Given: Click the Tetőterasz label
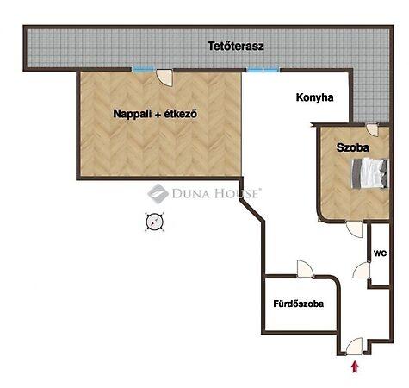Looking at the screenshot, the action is [236, 47].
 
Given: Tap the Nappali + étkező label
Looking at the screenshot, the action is [155, 114].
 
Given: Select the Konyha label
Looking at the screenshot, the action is [314, 97].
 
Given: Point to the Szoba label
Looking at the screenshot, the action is [353, 147].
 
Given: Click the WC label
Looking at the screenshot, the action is [380, 253].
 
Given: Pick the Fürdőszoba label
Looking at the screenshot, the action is [299, 304].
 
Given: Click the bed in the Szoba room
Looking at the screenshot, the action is [370, 173].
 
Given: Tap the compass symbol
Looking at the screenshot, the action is [155, 222].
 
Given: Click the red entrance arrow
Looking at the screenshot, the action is [356, 367].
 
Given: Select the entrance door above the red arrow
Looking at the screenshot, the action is [355, 347].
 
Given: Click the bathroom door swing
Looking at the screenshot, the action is [305, 269].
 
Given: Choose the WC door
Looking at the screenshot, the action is [361, 270].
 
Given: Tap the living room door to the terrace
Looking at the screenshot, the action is [164, 78].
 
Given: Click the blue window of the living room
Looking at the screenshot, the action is [144, 69].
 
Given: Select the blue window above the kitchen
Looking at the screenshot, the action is [263, 69].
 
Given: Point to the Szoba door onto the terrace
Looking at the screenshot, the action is [373, 130].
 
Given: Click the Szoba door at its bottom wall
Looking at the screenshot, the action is [355, 228].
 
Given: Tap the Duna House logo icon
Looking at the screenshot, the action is [158, 194].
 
